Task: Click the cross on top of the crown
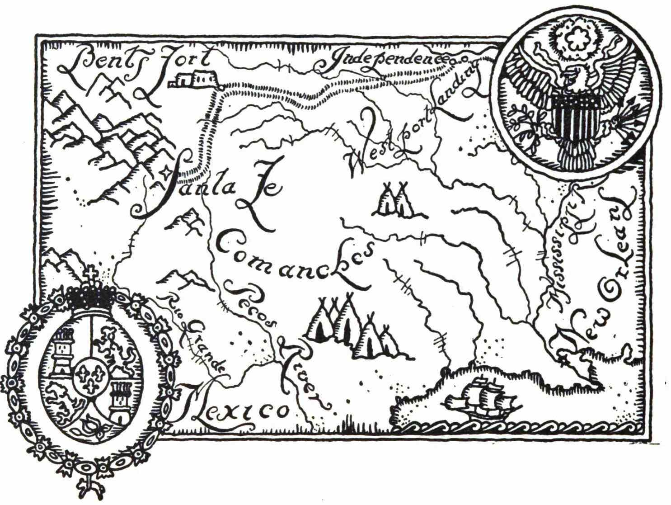tap(92, 274)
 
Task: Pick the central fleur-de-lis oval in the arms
tap(90, 378)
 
